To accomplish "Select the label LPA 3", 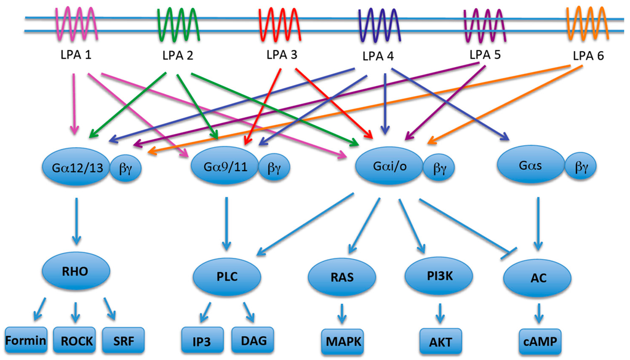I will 282,55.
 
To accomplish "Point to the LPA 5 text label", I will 485,55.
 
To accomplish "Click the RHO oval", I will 76,269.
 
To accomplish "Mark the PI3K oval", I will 438,277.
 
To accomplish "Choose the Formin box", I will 26,339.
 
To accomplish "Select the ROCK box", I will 76,339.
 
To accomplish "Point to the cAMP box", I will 540,339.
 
